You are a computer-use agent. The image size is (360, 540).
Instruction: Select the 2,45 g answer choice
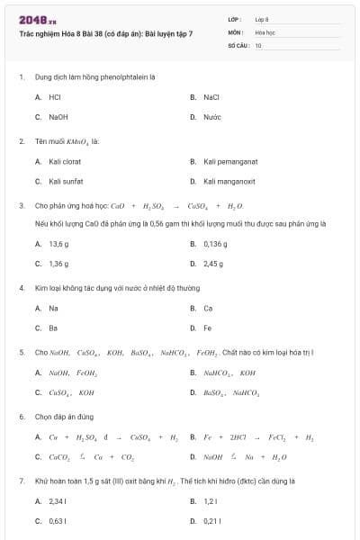(213, 264)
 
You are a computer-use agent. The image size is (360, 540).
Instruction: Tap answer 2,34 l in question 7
(58, 500)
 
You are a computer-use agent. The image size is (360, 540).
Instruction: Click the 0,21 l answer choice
(211, 520)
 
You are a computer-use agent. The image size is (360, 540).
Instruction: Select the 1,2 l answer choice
(211, 500)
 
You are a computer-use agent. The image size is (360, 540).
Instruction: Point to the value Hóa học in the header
(265, 31)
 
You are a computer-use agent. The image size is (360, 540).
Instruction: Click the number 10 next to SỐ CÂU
(258, 44)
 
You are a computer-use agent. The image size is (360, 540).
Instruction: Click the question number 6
(21, 417)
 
